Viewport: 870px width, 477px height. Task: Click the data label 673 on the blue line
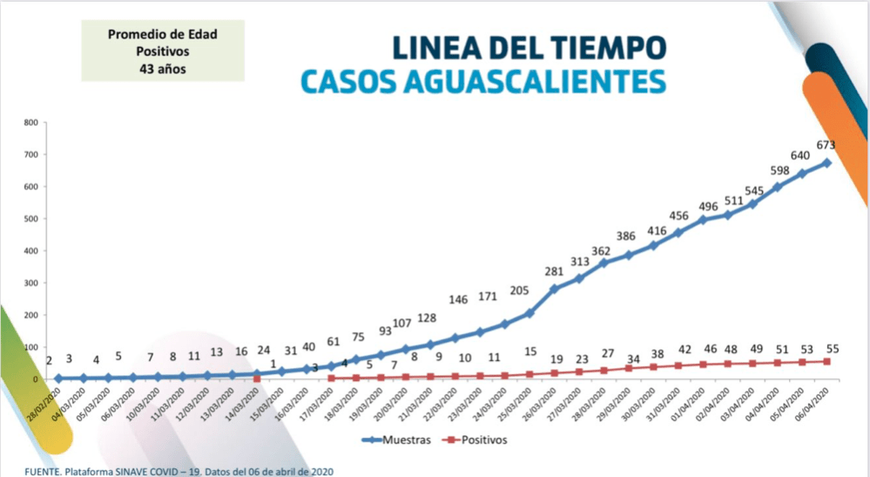pyautogui.click(x=826, y=144)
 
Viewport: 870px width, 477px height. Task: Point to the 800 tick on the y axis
pyautogui.click(x=30, y=123)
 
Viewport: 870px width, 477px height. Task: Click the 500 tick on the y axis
pyautogui.click(x=30, y=219)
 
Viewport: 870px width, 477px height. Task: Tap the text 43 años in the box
pyautogui.click(x=163, y=66)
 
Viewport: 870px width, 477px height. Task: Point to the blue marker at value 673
pyautogui.click(x=826, y=163)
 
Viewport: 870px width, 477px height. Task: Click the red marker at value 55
pyautogui.click(x=826, y=361)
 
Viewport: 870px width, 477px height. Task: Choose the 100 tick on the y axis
pyautogui.click(x=30, y=347)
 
